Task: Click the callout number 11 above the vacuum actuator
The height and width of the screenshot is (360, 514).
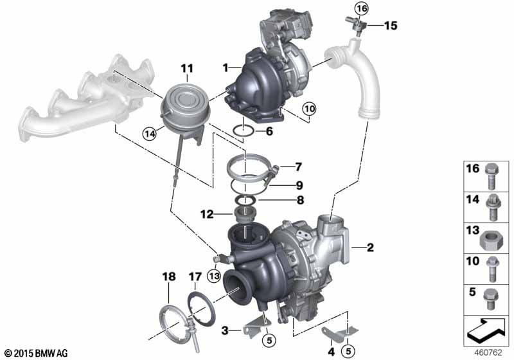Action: pos(187,69)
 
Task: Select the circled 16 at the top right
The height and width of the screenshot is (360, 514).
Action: pos(362,8)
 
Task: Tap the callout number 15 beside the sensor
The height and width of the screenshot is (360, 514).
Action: pos(391,26)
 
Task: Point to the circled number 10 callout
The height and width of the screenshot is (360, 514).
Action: pos(309,109)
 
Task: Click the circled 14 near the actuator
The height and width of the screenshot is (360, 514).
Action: pos(150,134)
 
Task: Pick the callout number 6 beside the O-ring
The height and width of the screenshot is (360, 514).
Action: pos(269,132)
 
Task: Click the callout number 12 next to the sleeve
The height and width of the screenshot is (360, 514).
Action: pos(207,215)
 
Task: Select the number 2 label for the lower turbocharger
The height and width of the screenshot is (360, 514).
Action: pos(370,248)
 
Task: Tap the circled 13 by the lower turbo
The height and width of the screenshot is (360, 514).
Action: pos(214,276)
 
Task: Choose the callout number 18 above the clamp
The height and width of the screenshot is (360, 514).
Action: pos(169,276)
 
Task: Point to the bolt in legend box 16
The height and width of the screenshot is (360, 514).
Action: pos(492,176)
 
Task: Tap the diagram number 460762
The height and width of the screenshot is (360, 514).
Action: pos(488,353)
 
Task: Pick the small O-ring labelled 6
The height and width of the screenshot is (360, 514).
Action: pos(243,132)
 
